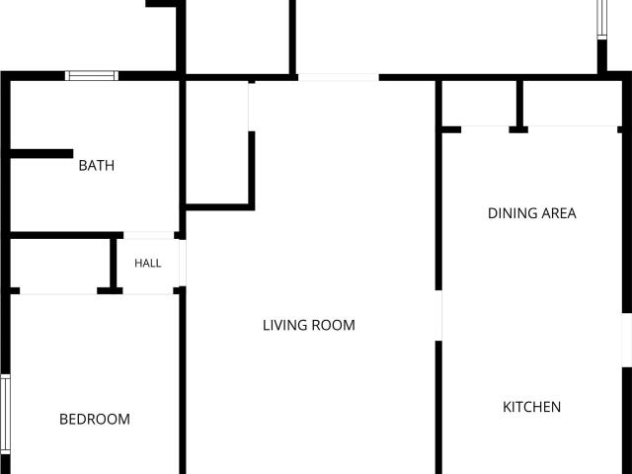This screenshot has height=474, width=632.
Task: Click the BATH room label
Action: click(x=97, y=165)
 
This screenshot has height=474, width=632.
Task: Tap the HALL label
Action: click(x=148, y=264)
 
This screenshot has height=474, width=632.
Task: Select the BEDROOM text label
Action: click(x=95, y=419)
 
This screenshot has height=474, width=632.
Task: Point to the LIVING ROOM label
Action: click(x=309, y=325)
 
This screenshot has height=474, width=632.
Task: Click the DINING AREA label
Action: click(x=532, y=213)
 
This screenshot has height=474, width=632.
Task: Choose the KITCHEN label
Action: click(x=531, y=407)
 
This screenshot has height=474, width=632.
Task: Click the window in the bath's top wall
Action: click(x=92, y=76)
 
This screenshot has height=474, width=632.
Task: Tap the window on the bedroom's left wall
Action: click(x=5, y=415)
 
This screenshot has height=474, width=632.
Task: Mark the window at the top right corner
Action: click(x=601, y=20)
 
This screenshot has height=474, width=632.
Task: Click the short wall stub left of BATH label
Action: click(x=41, y=154)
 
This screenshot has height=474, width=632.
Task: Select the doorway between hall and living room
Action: click(x=183, y=264)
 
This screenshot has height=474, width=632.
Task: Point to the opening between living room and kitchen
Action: click(x=438, y=315)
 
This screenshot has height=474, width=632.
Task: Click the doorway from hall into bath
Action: click(x=149, y=235)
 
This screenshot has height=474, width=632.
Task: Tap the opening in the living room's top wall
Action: click(x=339, y=77)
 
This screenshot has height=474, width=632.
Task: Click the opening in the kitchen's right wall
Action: click(x=627, y=340)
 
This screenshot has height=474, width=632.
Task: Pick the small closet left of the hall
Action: click(x=59, y=264)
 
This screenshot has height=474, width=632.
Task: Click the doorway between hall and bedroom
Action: click(x=148, y=291)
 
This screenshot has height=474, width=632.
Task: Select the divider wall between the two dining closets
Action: click(x=520, y=104)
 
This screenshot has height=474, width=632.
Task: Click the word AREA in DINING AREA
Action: click(x=559, y=213)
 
